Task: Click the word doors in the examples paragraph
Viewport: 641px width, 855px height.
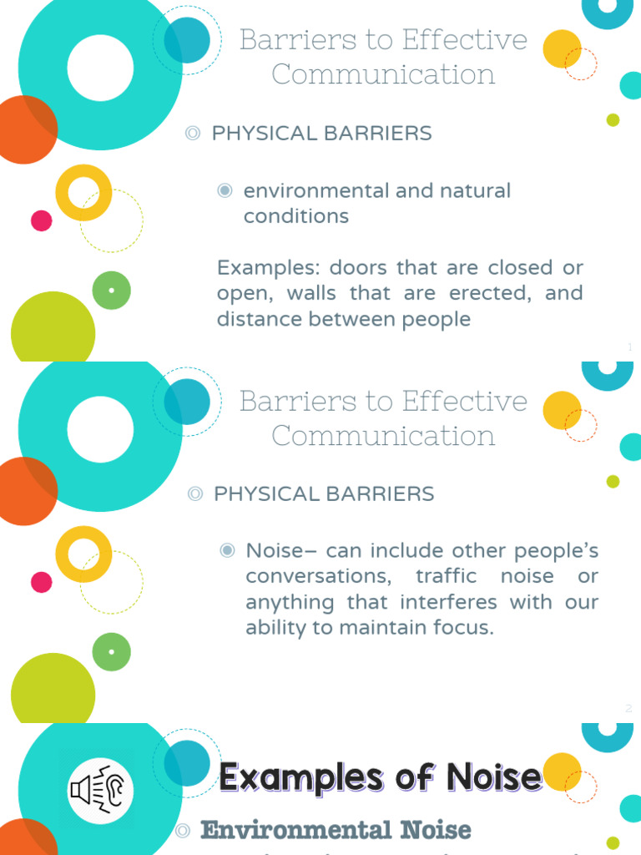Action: click(x=358, y=268)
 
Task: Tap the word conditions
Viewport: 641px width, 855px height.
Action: click(x=296, y=216)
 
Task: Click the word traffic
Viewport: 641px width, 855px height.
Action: click(x=446, y=576)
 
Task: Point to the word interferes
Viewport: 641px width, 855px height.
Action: click(x=448, y=602)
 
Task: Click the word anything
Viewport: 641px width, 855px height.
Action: click(x=290, y=603)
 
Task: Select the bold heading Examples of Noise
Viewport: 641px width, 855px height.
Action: click(x=381, y=777)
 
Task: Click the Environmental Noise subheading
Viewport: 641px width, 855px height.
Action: click(x=336, y=830)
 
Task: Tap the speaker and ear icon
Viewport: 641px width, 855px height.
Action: click(x=100, y=790)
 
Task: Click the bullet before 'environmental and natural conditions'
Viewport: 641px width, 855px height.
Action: click(x=225, y=190)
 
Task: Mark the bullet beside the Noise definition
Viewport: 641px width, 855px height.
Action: click(x=227, y=550)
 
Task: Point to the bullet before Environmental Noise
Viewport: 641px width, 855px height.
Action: click(x=183, y=831)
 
